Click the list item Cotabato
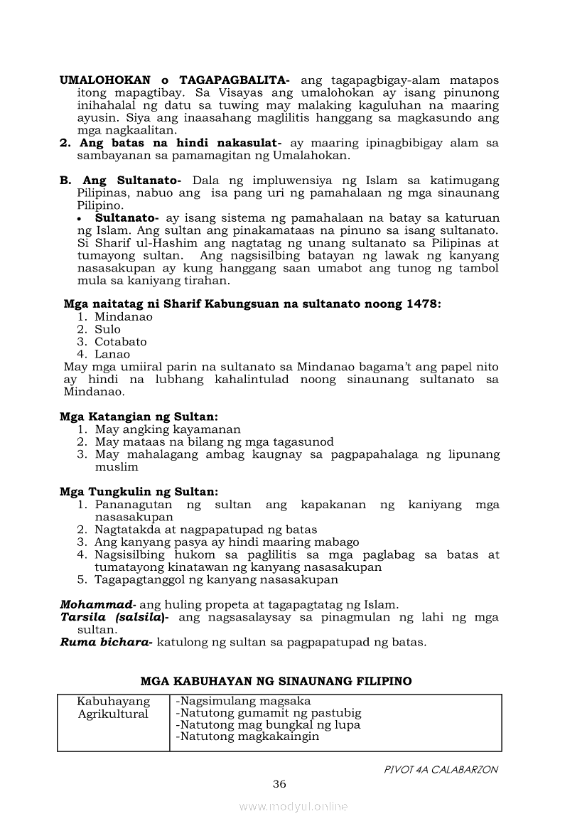(x=121, y=341)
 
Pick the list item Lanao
(x=112, y=354)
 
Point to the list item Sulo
(x=108, y=329)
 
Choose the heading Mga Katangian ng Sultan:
(x=139, y=417)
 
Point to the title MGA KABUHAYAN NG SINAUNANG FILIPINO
(x=276, y=681)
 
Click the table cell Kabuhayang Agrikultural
(x=114, y=708)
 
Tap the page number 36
(x=279, y=784)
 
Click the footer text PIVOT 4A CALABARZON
(x=441, y=769)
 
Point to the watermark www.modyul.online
(x=293, y=806)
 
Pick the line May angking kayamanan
(x=168, y=429)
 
